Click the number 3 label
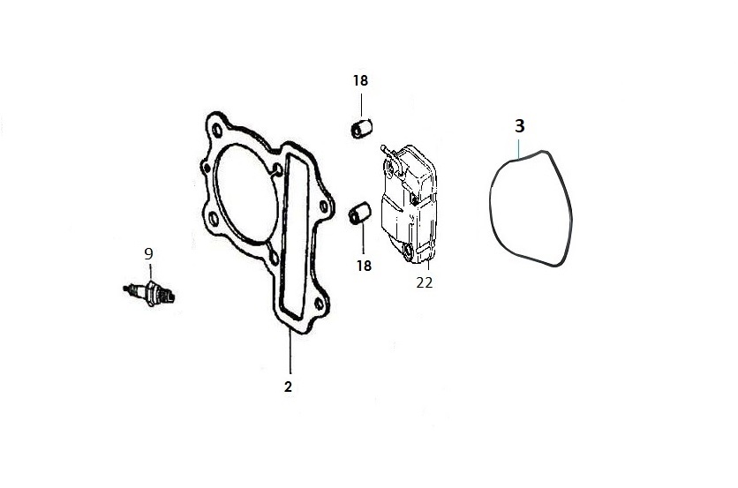coord(520,126)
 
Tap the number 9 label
coord(148,254)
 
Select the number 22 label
coord(424,282)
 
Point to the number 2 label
coord(288,387)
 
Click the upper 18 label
coord(360,80)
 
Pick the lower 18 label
coord(364,266)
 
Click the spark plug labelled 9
coord(148,293)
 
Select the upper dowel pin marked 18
coord(361,129)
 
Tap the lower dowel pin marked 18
coord(359,214)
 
